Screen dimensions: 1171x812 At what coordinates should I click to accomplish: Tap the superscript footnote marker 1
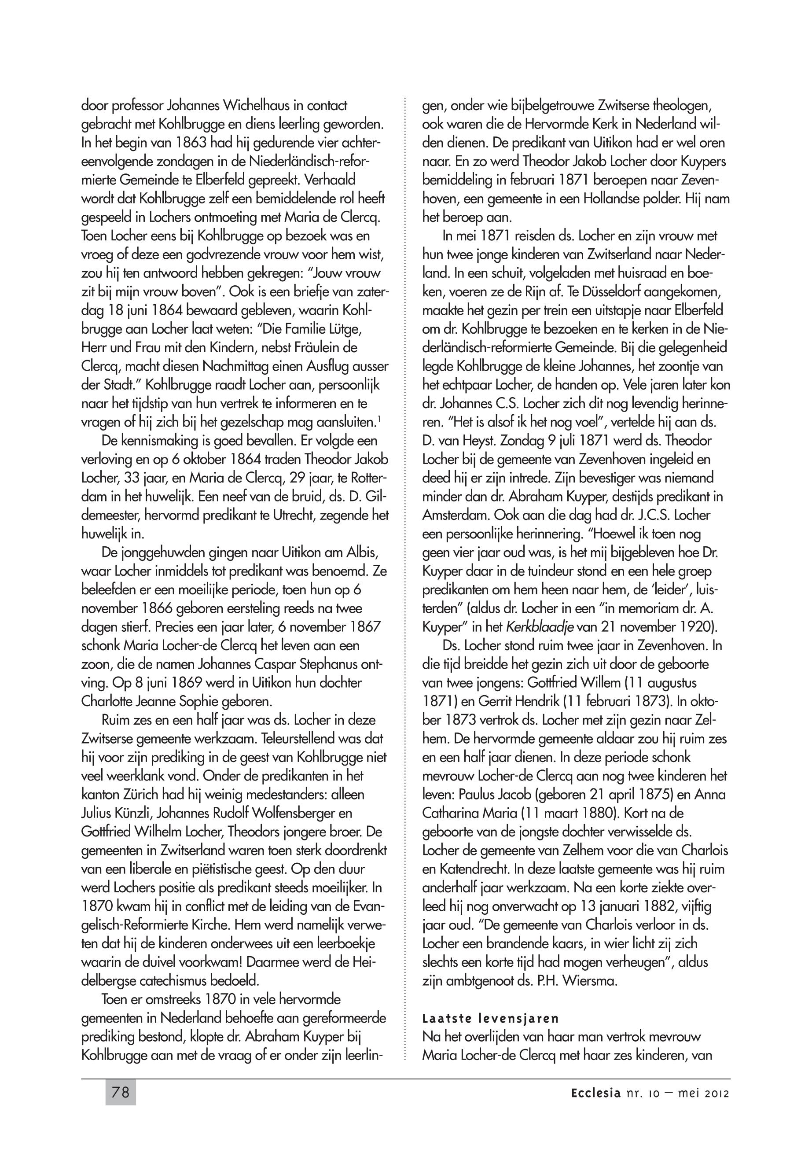tap(379, 418)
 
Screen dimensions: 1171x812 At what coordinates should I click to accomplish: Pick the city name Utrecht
tap(286, 516)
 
